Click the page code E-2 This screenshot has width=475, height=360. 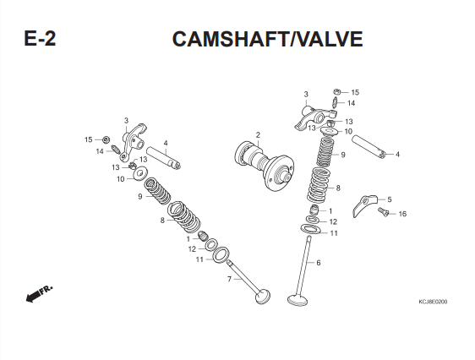[x=40, y=39]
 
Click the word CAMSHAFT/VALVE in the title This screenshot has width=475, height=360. [x=267, y=39]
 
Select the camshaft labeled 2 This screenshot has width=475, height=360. [x=265, y=166]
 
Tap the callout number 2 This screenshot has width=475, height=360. [x=258, y=134]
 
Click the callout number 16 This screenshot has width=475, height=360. [x=402, y=214]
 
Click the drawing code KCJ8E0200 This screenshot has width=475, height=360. [x=433, y=302]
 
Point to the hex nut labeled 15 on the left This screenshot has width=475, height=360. [x=106, y=140]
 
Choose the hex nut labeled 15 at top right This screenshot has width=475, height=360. [x=337, y=91]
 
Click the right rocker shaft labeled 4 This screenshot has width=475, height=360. [x=369, y=147]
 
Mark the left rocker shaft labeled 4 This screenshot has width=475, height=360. [x=164, y=158]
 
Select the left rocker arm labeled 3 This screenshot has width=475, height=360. [x=133, y=142]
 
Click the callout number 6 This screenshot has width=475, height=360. [x=319, y=263]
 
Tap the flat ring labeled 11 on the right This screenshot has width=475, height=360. [x=310, y=229]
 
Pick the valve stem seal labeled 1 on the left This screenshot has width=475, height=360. [x=203, y=236]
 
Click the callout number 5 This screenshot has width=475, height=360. [x=390, y=199]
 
